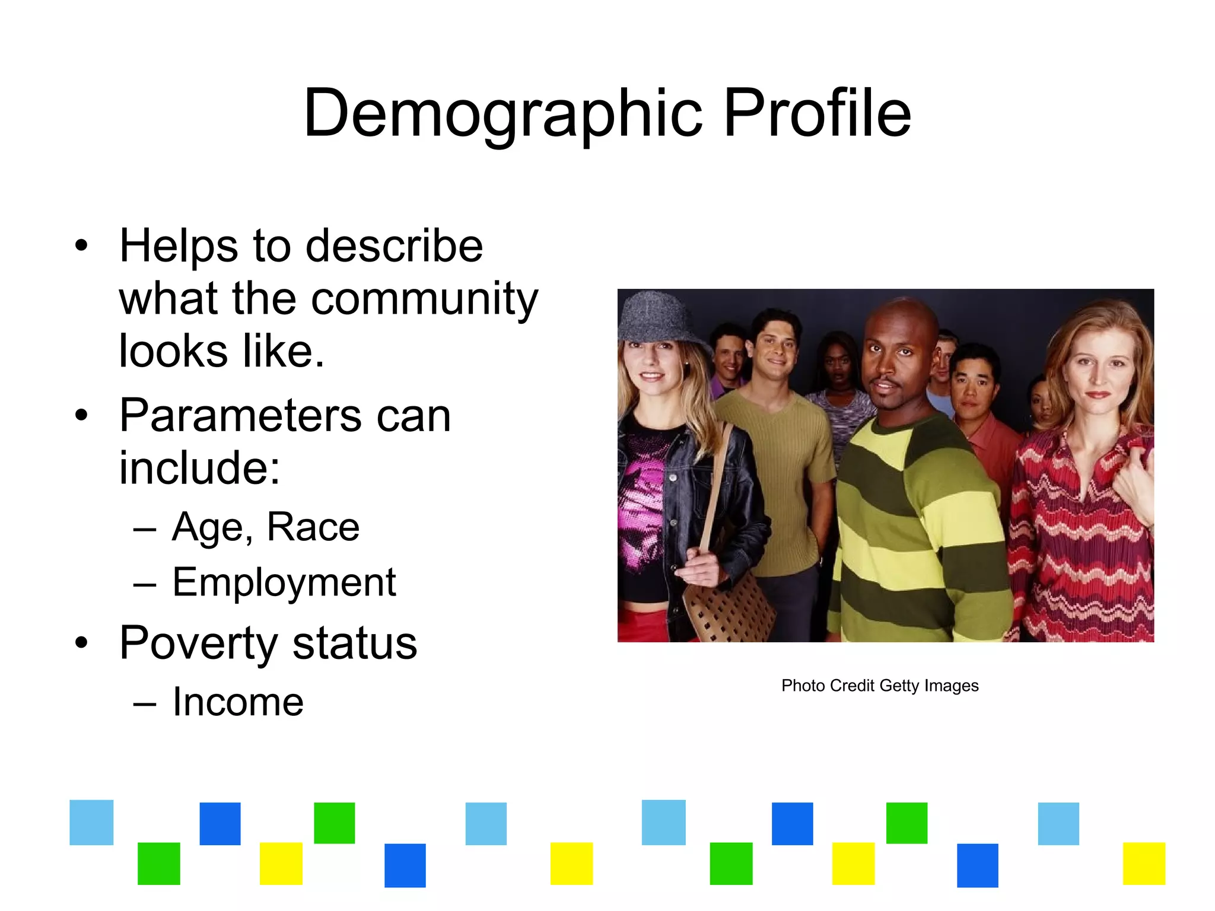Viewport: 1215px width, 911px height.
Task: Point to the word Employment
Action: pos(284,582)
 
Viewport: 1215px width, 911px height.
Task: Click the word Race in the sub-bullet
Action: pos(313,527)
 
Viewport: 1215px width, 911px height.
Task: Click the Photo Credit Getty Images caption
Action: pos(879,686)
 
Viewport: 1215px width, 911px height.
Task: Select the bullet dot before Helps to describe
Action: pos(82,246)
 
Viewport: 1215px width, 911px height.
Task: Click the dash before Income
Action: pos(145,703)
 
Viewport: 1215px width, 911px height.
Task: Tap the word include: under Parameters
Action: pos(199,468)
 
